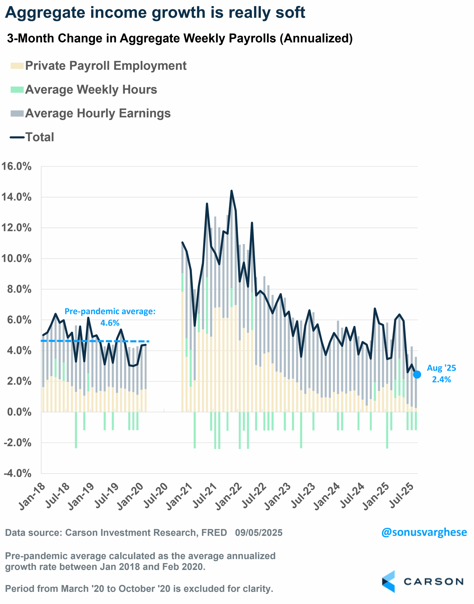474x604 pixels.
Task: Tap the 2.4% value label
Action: tap(441, 380)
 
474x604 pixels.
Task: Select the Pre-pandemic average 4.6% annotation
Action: tap(110, 317)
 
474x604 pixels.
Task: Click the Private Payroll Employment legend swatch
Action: tap(17, 66)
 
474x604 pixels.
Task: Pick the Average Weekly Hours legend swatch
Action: tap(17, 90)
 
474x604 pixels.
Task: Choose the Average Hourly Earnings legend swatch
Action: tap(17, 113)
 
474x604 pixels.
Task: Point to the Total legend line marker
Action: tap(17, 137)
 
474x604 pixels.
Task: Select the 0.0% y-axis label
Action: tap(19, 412)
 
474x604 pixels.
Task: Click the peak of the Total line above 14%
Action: tap(231, 191)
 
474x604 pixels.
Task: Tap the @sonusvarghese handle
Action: tap(424, 532)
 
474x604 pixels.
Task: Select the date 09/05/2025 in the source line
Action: tap(259, 533)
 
